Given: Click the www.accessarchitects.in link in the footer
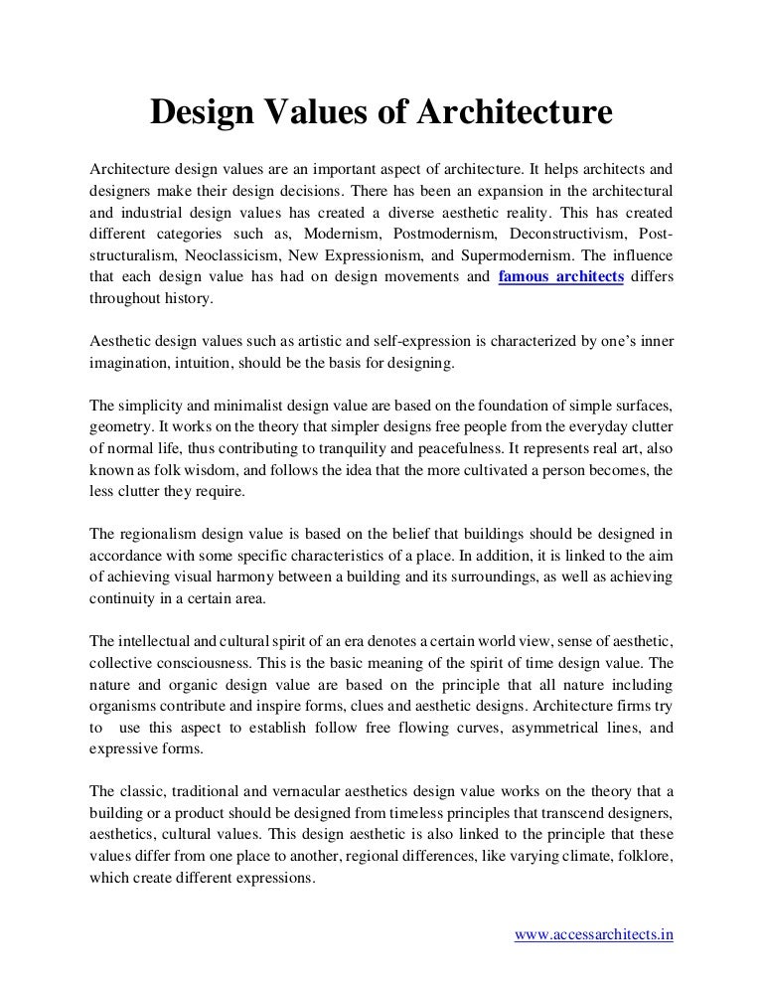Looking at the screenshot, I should [x=595, y=935].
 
